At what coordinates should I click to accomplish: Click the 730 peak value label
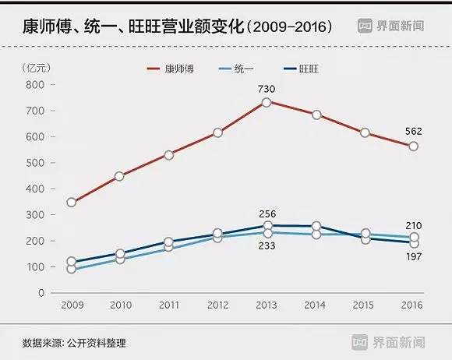click(x=267, y=88)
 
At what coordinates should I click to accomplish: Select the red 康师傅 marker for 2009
click(x=72, y=203)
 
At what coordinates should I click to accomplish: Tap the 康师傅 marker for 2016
click(x=414, y=146)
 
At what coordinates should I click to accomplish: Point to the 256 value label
click(x=267, y=214)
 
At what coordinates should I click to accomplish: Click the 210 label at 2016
click(x=414, y=224)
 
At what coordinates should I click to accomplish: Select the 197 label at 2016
click(x=414, y=256)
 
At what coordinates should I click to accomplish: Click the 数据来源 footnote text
click(x=74, y=342)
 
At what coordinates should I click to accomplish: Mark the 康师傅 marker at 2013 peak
click(x=267, y=102)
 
